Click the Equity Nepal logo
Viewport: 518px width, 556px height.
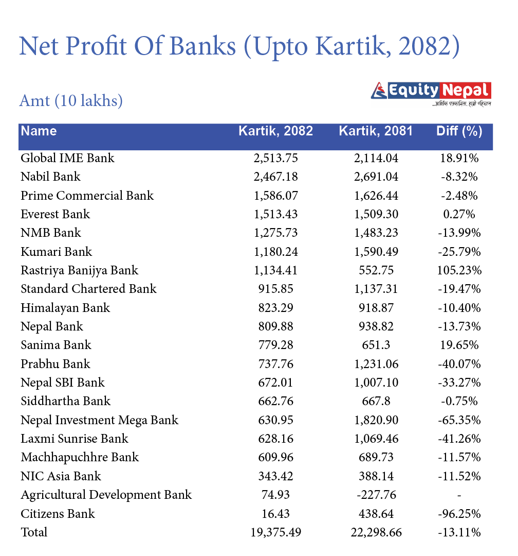tap(431, 92)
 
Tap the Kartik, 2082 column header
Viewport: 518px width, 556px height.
tap(275, 131)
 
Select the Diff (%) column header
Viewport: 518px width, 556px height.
tap(459, 131)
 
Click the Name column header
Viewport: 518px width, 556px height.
tap(39, 131)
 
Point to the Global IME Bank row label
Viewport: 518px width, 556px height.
tap(67, 158)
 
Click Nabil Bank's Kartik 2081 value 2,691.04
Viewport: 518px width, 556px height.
tap(376, 177)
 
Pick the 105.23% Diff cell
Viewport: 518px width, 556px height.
tap(459, 271)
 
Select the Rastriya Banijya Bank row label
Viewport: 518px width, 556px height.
tap(80, 271)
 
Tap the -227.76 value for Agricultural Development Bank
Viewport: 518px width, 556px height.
tap(376, 495)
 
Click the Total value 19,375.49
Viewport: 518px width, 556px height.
tap(275, 532)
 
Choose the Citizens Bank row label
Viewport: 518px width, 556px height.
tap(58, 514)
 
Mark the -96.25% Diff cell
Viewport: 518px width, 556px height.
tap(459, 514)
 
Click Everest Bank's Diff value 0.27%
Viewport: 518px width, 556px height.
tap(459, 214)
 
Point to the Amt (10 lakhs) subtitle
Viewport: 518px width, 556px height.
tap(71, 100)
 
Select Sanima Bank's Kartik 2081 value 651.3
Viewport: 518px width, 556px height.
tap(376, 345)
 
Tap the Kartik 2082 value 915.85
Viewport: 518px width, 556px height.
tap(275, 289)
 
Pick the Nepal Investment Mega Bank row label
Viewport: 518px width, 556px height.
tap(100, 420)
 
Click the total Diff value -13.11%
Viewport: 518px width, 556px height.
tap(459, 532)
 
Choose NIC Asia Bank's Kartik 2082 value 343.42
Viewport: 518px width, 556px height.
tap(275, 476)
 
